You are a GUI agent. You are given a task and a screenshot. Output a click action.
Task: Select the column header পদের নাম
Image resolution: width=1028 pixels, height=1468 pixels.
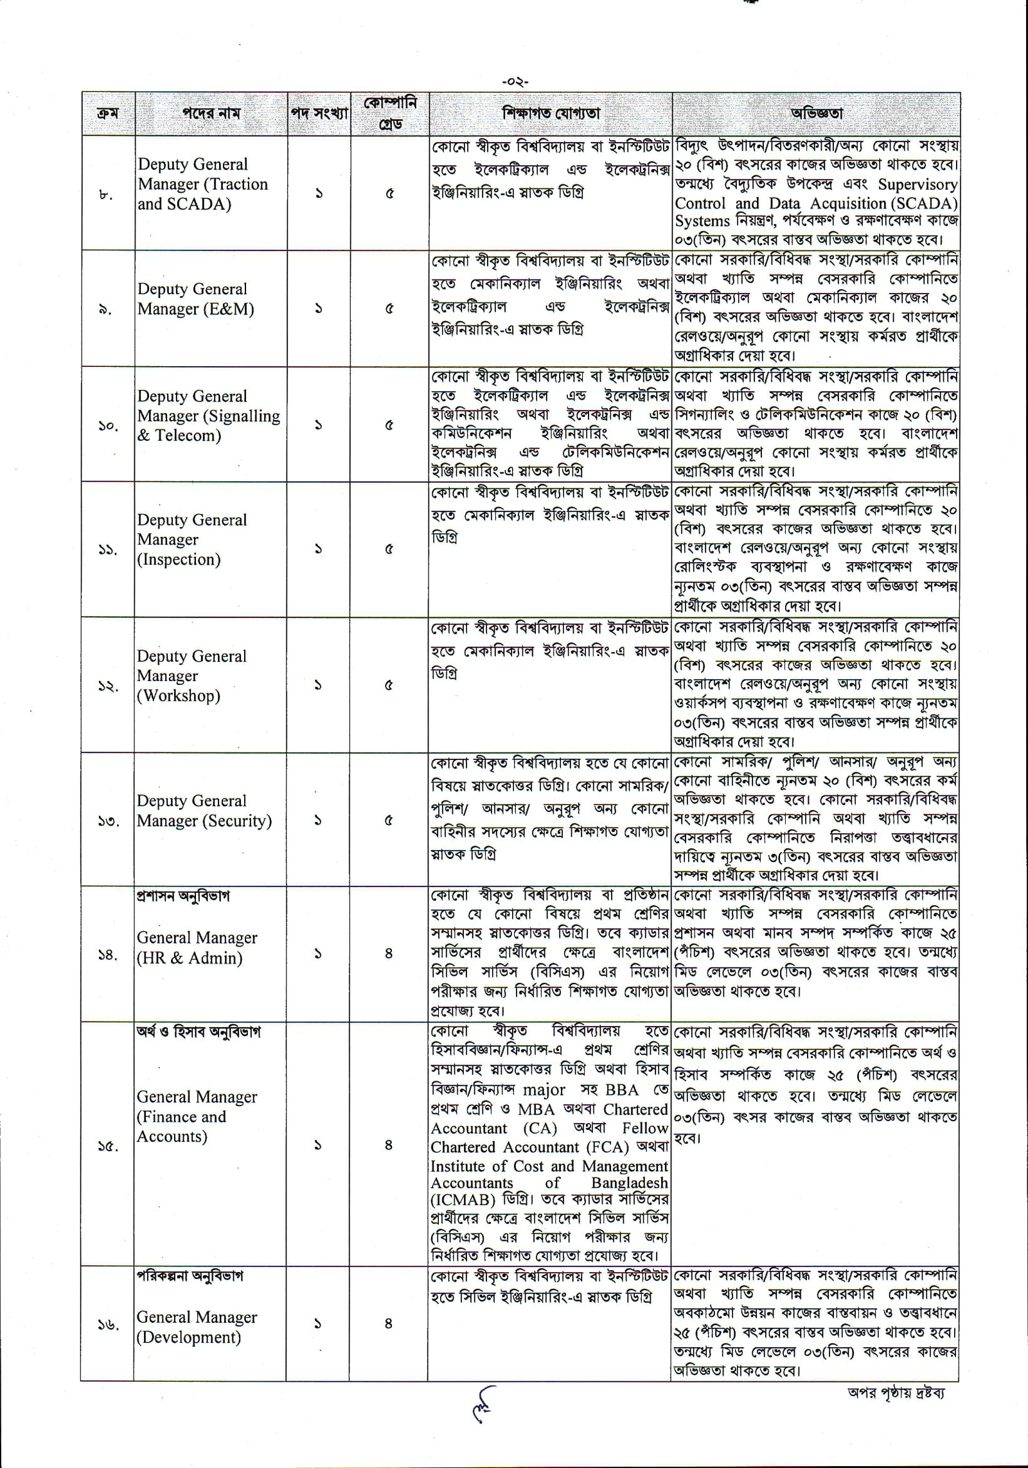(211, 114)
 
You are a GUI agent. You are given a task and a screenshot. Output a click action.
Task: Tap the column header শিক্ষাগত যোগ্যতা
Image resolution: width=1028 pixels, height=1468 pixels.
(551, 114)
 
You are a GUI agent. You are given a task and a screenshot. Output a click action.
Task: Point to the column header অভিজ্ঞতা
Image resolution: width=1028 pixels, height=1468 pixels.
(816, 114)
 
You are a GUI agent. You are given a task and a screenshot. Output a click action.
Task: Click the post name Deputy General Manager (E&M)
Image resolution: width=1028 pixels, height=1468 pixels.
(195, 299)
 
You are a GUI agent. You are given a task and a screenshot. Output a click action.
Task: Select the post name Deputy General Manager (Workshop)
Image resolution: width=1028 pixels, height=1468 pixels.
(191, 676)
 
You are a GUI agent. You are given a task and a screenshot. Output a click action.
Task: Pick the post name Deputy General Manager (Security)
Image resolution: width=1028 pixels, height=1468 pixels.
(204, 811)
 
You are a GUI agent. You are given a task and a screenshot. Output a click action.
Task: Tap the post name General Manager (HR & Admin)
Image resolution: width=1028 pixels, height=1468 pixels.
(197, 948)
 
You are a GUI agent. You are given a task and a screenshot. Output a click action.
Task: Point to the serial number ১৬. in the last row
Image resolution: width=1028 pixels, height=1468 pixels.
(108, 1323)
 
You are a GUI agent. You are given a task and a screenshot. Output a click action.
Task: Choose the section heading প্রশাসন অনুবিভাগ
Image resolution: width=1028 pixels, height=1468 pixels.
(182, 896)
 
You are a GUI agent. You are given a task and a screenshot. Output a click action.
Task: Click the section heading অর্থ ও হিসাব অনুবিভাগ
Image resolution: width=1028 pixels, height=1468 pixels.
(199, 1032)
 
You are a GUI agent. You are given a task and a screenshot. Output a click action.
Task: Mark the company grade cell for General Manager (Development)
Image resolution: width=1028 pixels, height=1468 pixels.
(389, 1323)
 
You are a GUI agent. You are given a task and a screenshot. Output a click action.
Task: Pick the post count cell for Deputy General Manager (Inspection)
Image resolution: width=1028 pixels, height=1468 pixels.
(319, 549)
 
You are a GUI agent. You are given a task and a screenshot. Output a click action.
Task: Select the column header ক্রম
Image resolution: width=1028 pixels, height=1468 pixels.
(107, 114)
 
